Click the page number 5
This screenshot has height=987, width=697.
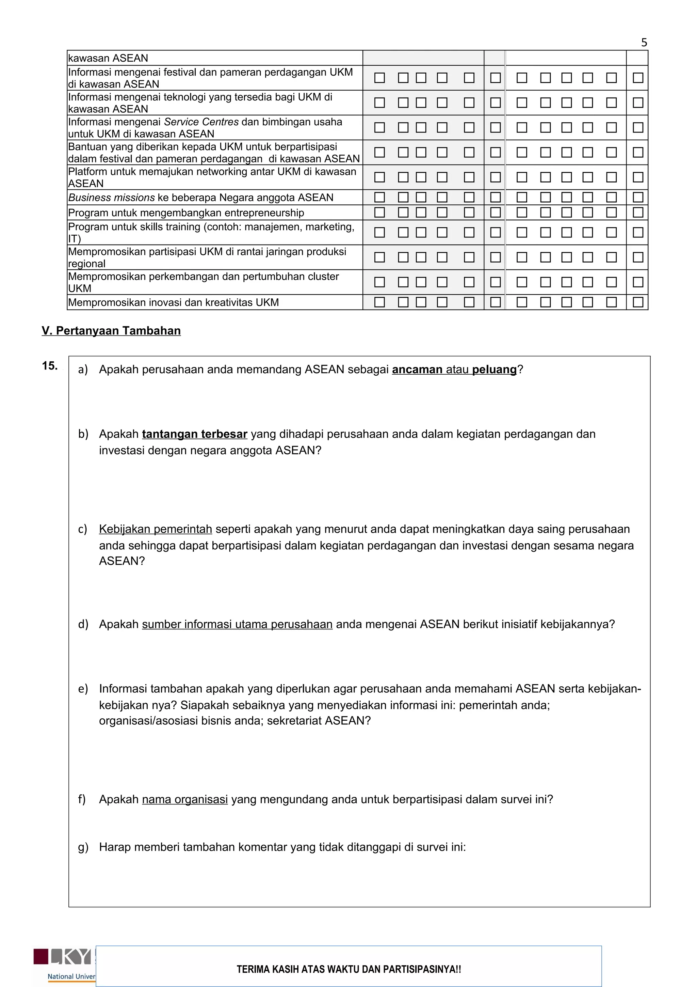pyautogui.click(x=644, y=43)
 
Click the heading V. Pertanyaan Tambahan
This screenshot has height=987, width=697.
pyautogui.click(x=111, y=331)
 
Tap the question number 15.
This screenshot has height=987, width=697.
pyautogui.click(x=50, y=366)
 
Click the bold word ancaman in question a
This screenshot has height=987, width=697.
pyautogui.click(x=417, y=370)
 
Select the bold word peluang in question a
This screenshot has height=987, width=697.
pyautogui.click(x=494, y=370)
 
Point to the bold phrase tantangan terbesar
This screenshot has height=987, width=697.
pyautogui.click(x=195, y=434)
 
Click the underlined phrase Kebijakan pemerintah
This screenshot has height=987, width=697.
pyautogui.click(x=156, y=529)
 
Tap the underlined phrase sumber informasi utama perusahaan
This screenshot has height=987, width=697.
pyautogui.click(x=237, y=624)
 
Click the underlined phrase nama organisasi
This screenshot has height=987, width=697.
pyautogui.click(x=185, y=799)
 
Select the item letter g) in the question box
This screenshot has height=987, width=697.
pyautogui.click(x=83, y=847)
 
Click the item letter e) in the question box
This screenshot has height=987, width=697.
pyautogui.click(x=83, y=689)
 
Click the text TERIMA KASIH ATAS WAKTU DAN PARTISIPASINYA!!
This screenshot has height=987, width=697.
pyautogui.click(x=349, y=969)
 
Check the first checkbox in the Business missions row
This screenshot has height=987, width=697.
pyautogui.click(x=379, y=197)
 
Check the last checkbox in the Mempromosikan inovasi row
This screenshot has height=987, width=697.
pyautogui.click(x=638, y=302)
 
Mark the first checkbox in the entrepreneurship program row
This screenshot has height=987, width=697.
pyautogui.click(x=379, y=213)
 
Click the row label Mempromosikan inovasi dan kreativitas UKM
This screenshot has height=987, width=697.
pyautogui.click(x=174, y=303)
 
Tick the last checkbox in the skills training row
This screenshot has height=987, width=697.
pyautogui.click(x=638, y=233)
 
